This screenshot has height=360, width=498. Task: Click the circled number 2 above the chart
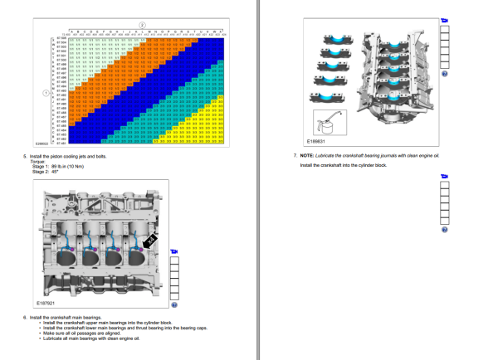pyautogui.click(x=143, y=27)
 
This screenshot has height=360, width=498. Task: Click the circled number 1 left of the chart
pyautogui.click(x=46, y=93)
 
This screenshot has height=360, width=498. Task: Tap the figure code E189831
pyautogui.click(x=318, y=141)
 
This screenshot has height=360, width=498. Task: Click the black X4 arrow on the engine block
pyautogui.click(x=150, y=239)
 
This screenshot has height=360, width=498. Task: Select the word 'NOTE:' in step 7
pyautogui.click(x=306, y=156)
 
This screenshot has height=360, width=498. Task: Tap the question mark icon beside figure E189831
pyautogui.click(x=445, y=73)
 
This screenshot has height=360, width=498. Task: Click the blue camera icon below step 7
pyautogui.click(x=444, y=176)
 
